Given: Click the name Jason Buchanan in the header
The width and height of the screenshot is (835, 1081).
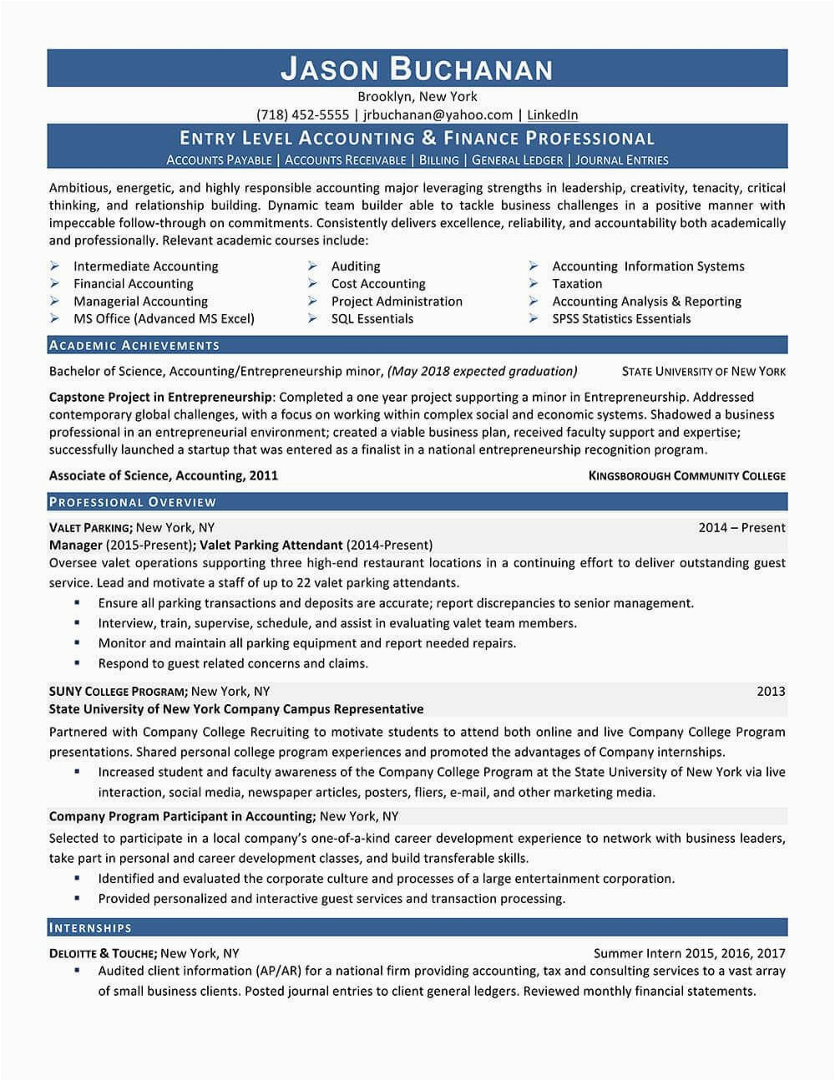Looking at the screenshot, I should pos(417,69).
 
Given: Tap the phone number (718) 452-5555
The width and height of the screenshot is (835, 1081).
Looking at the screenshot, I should pos(302,114).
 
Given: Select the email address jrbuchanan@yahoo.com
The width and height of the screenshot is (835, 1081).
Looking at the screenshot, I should pos(438,114).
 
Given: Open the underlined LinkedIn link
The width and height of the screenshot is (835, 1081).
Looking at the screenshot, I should pos(552,114).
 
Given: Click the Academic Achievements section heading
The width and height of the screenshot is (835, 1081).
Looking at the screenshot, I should pos(134,345).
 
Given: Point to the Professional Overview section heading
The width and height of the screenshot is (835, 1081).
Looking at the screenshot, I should pos(133,502).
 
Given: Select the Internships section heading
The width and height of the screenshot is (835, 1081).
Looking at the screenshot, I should pos(91,927).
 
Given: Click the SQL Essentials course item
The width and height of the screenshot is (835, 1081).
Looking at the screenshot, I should pos(372,318).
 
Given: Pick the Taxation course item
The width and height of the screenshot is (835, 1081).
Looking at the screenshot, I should pos(577,283).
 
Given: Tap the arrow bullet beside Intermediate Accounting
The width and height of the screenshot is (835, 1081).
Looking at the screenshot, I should pos(54,266).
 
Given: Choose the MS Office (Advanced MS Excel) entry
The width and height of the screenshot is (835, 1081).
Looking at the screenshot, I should pos(164,318).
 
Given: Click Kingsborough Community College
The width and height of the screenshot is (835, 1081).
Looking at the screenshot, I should pos(687,475).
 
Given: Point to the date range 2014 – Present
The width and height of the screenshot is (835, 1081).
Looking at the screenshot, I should pos(741,527).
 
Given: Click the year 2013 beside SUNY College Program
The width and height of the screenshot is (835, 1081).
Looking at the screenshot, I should pos(771,691).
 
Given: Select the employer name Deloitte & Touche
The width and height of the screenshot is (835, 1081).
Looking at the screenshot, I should pos(103,952).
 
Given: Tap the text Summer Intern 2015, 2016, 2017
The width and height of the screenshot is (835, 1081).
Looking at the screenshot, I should pos(689,952).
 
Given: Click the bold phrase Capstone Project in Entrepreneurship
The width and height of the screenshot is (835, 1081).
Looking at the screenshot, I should pos(160,397).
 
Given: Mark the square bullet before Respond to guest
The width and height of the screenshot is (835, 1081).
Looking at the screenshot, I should pos(78,662).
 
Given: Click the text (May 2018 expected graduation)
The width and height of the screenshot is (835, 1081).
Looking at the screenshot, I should pos(483,371).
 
